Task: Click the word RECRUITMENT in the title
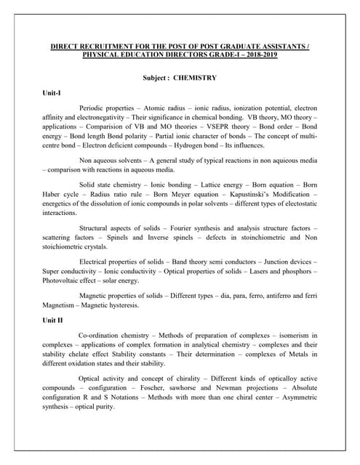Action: coord(98,46)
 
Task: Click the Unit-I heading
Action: coord(51,93)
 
